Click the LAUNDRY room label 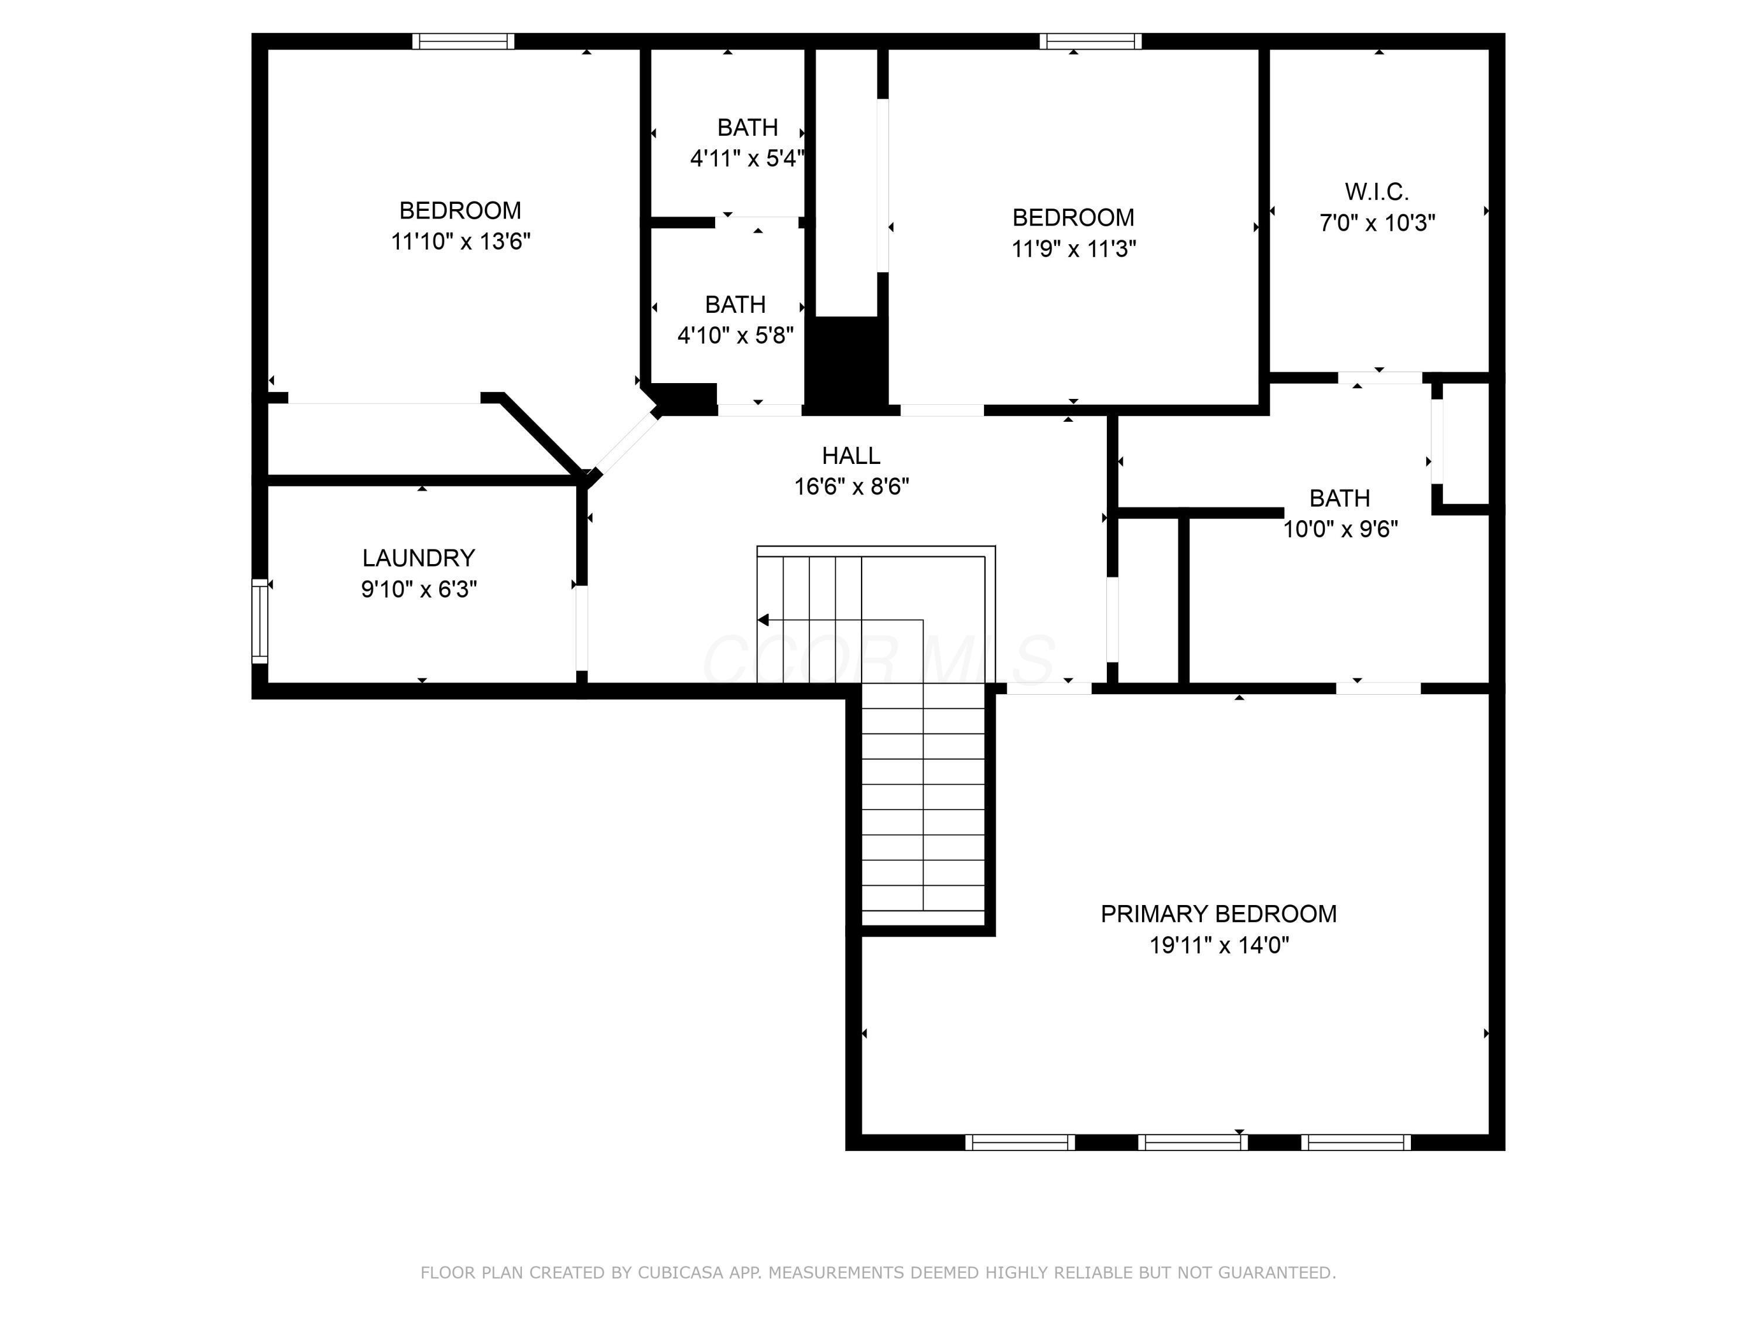click(x=419, y=558)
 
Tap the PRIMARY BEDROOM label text click(x=1218, y=914)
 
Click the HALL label click(x=851, y=455)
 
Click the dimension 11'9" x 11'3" click(x=1073, y=249)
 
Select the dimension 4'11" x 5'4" click(x=747, y=158)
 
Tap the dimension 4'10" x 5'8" click(x=735, y=335)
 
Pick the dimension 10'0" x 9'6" click(x=1340, y=528)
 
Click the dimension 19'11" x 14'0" click(x=1218, y=945)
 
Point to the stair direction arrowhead click(x=763, y=620)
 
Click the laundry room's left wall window click(x=259, y=620)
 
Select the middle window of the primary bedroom click(x=1192, y=1142)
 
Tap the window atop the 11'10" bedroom click(x=463, y=42)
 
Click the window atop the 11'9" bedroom click(x=1091, y=42)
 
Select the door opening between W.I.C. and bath click(x=1380, y=377)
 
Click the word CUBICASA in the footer click(x=680, y=1273)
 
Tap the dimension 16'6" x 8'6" click(x=851, y=486)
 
